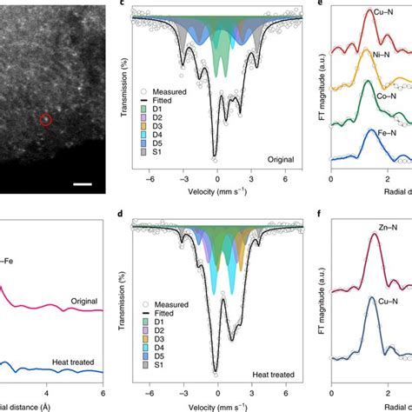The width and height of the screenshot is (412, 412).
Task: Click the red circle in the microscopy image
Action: click(46, 119)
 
